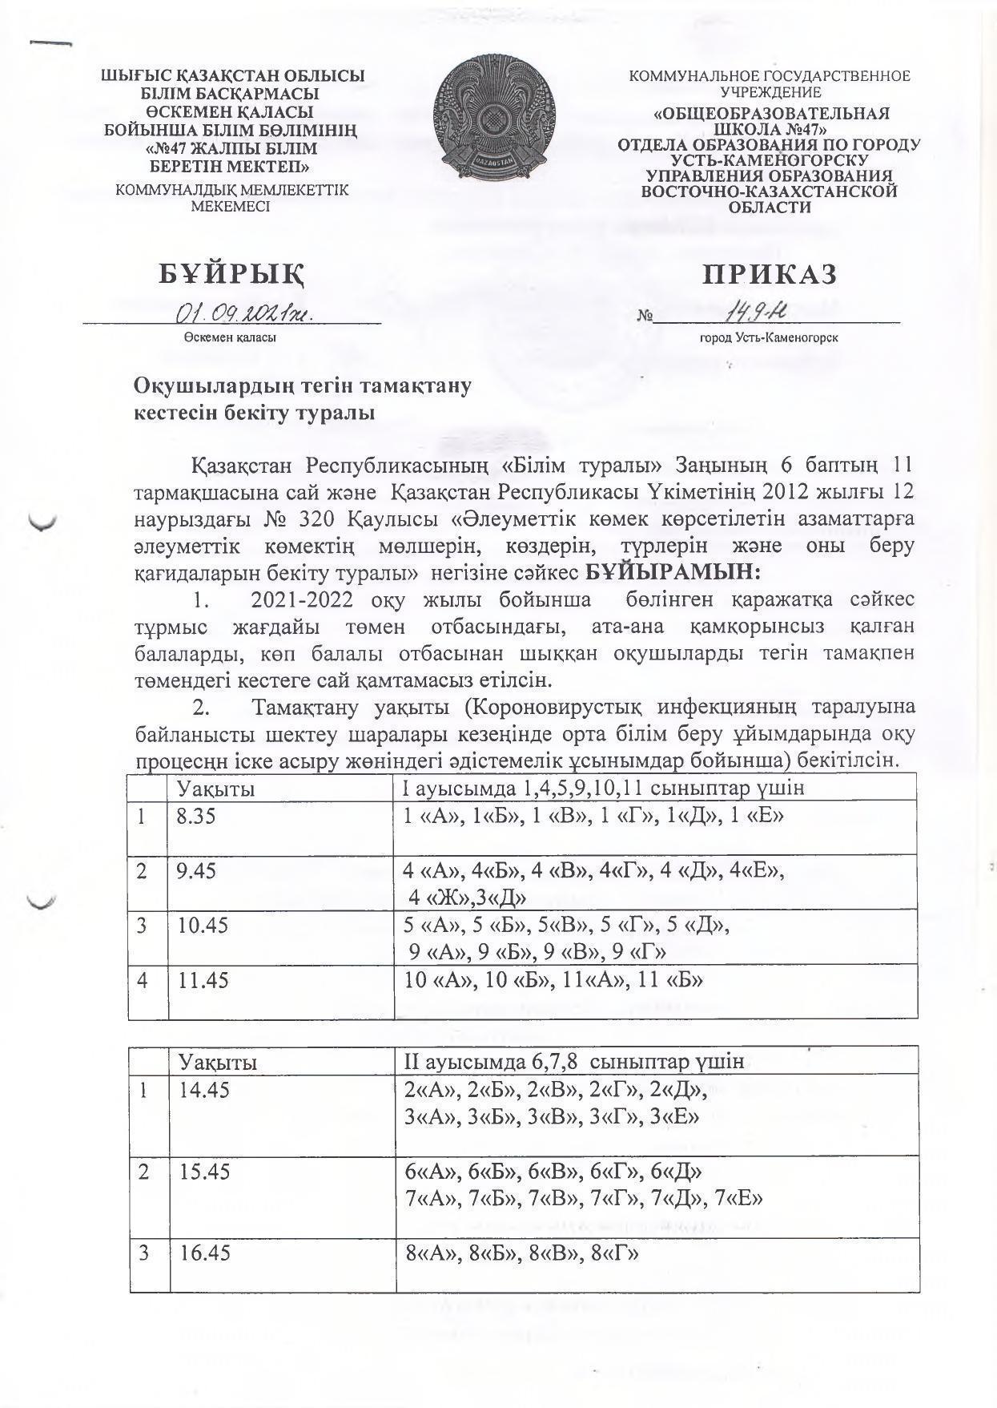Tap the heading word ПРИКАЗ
tap(770, 274)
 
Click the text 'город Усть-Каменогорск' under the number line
tap(768, 338)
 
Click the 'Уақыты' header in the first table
tap(216, 789)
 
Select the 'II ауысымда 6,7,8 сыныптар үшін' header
tap(575, 1062)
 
